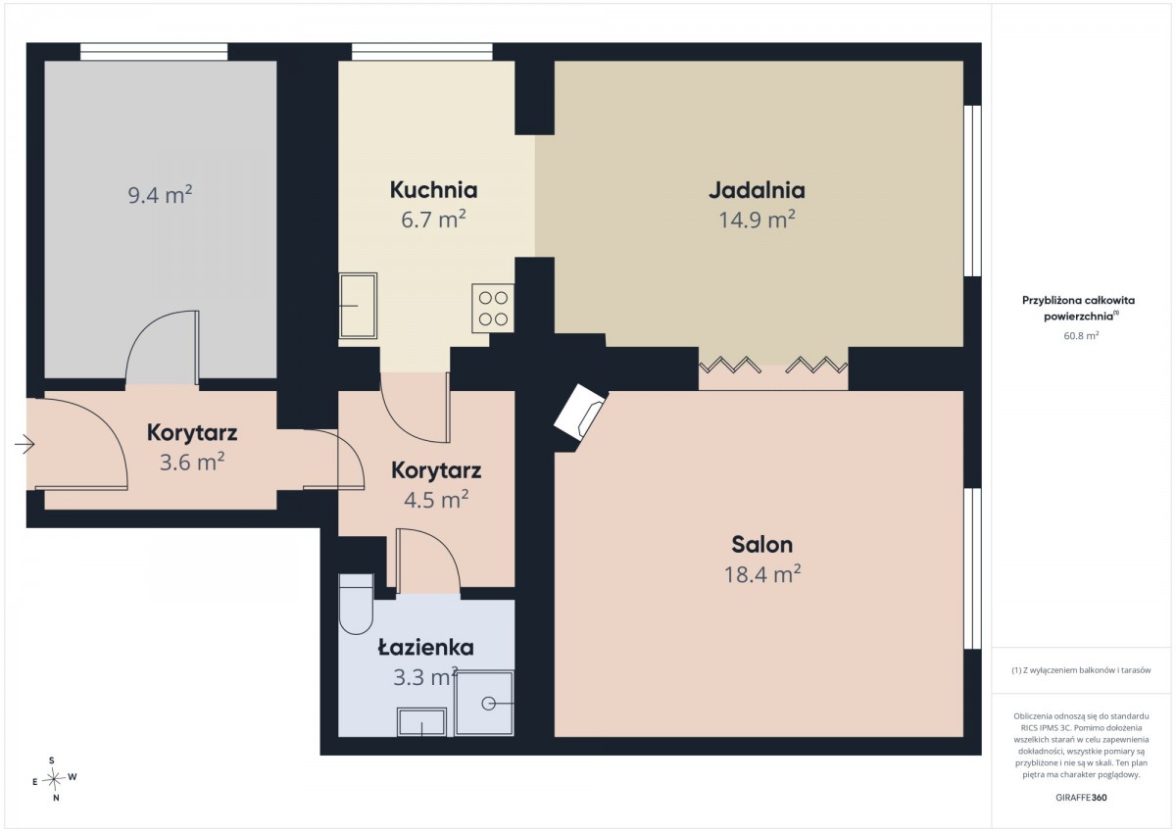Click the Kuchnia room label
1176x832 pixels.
pyautogui.click(x=433, y=190)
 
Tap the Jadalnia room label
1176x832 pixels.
pyautogui.click(x=757, y=190)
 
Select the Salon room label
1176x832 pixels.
pyautogui.click(x=761, y=545)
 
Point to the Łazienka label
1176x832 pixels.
pyautogui.click(x=425, y=647)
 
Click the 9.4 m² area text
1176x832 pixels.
pyautogui.click(x=160, y=195)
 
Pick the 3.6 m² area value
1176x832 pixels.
pyautogui.click(x=192, y=462)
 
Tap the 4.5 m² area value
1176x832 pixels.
pyautogui.click(x=436, y=499)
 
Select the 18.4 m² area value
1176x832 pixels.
pyautogui.click(x=762, y=574)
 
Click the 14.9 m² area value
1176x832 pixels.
pyautogui.click(x=757, y=220)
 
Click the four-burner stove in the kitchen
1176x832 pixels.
pyautogui.click(x=492, y=308)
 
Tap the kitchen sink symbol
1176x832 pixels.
pyautogui.click(x=358, y=306)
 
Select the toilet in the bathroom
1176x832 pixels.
pyautogui.click(x=356, y=605)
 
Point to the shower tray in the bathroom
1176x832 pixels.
pyautogui.click(x=484, y=703)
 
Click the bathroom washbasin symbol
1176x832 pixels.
pyautogui.click(x=422, y=722)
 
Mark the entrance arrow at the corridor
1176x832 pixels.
pyautogui.click(x=24, y=445)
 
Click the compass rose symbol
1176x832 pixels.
pyautogui.click(x=54, y=779)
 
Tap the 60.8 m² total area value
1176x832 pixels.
pyautogui.click(x=1081, y=335)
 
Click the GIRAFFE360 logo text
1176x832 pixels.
pyautogui.click(x=1081, y=798)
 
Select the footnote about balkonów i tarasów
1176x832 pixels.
pyautogui.click(x=1081, y=670)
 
